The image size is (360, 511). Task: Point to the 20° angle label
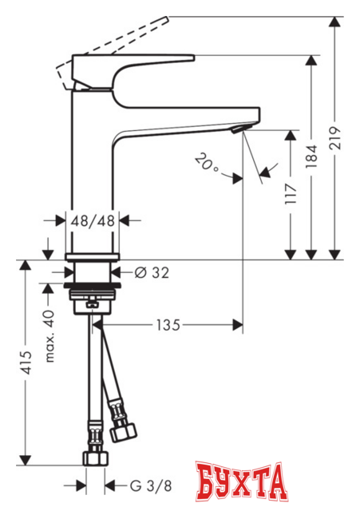pos(206,164)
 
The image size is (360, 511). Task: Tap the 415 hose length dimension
pos(26,363)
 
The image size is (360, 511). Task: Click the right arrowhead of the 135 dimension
pos(236,325)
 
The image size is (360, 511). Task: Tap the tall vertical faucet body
pos(94,176)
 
